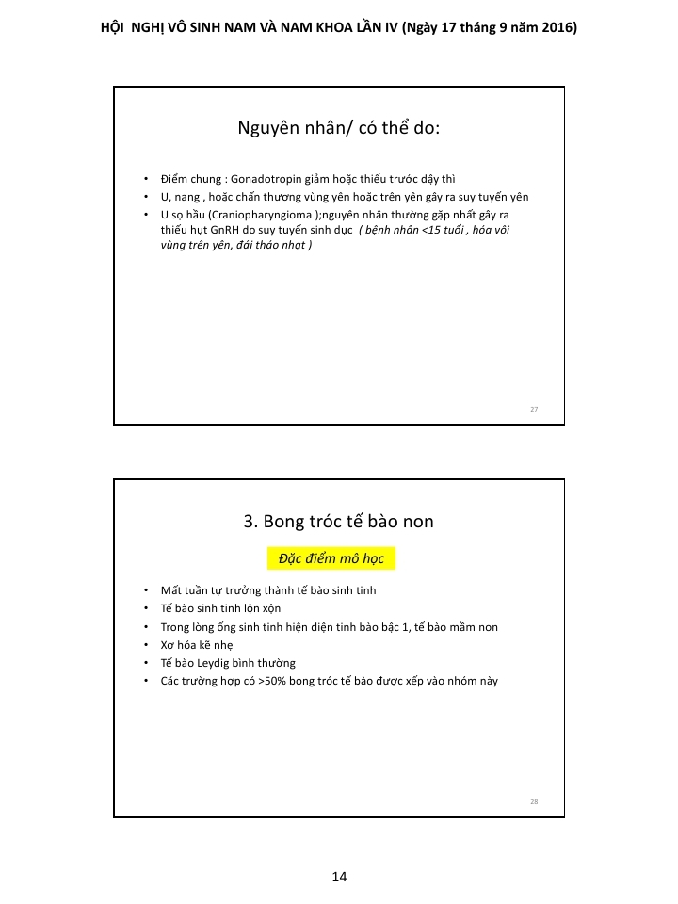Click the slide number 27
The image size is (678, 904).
[x=534, y=410]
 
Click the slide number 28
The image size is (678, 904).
[x=534, y=801]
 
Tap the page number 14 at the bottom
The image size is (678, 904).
[x=339, y=877]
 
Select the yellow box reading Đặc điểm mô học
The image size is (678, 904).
[x=331, y=558]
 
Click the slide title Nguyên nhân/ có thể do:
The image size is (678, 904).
[x=339, y=129]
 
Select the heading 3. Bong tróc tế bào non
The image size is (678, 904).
[x=339, y=521]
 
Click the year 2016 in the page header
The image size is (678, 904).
[x=558, y=28]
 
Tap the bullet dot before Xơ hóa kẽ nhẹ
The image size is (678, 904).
[x=146, y=645]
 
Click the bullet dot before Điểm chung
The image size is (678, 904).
[x=146, y=179]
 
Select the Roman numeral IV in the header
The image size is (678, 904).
[x=388, y=28]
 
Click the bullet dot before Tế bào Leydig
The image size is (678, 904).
[x=146, y=662]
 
